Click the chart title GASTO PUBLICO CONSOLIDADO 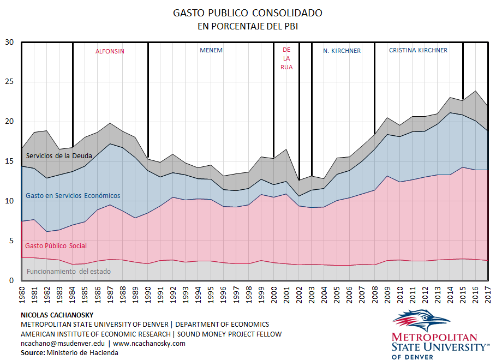(x=248, y=13)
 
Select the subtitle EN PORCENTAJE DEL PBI (x=248, y=26)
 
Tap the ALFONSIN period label (x=110, y=51)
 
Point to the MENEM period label (x=211, y=51)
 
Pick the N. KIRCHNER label (x=342, y=51)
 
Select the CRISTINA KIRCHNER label (x=418, y=50)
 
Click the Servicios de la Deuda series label (x=58, y=156)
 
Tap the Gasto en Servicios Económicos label (x=73, y=195)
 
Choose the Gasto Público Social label (x=56, y=246)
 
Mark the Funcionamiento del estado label (x=68, y=271)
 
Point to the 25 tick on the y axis (x=9, y=82)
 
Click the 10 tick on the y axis (x=9, y=201)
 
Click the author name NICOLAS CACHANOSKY (x=56, y=315)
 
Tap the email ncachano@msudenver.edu (x=63, y=344)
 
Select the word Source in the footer (x=31, y=353)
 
